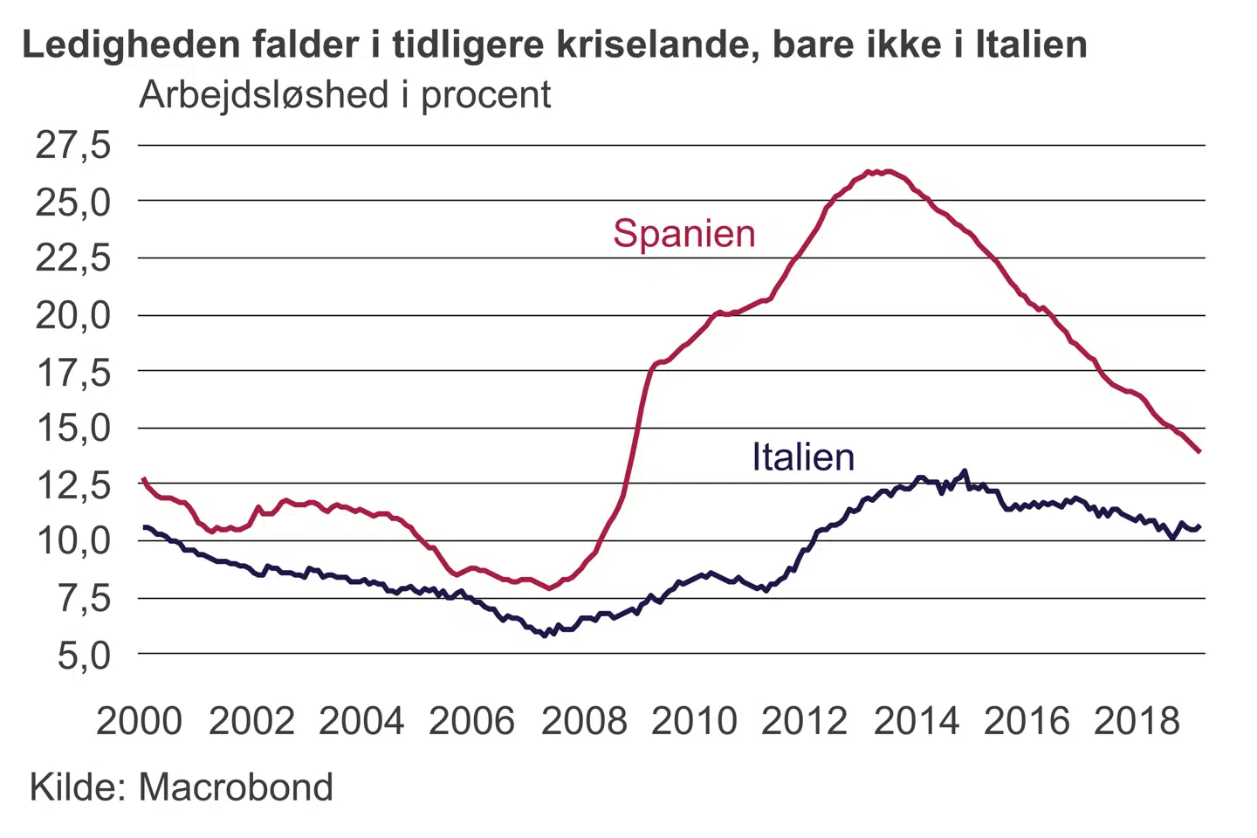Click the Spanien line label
[683, 234]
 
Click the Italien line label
[803, 457]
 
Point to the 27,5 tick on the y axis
[73, 145]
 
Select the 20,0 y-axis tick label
[73, 315]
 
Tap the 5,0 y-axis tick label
[85, 655]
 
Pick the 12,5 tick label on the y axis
[73, 484]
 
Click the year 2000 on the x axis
[140, 721]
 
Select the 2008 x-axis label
[584, 721]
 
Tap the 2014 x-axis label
[917, 721]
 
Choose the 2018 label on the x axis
[1137, 721]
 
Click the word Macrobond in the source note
[236, 787]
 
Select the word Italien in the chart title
[1031, 45]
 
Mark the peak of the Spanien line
[887, 171]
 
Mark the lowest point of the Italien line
[545, 635]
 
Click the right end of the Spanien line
[1200, 451]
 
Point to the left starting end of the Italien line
[144, 526]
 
